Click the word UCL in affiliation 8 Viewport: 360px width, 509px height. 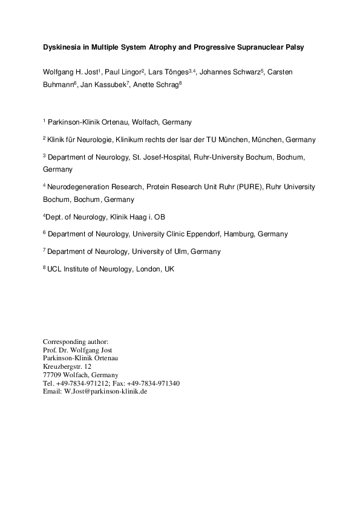[x=54, y=268]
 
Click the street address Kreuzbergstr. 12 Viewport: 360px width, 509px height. [x=67, y=366]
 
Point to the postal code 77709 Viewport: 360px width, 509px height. [x=53, y=375]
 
